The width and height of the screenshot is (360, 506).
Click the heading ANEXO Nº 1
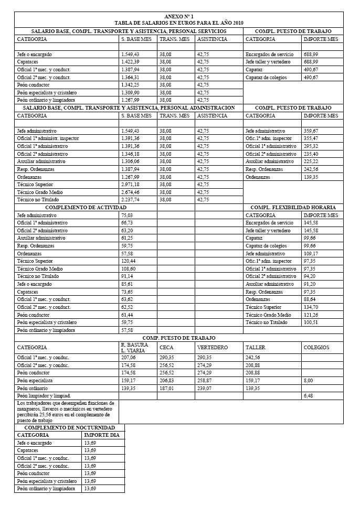pyautogui.click(x=179, y=17)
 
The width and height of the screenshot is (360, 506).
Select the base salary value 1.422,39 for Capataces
pyautogui.click(x=131, y=62)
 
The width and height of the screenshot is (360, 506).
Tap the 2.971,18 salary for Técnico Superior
pyautogui.click(x=131, y=185)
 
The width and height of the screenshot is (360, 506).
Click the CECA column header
pyautogui.click(x=166, y=347)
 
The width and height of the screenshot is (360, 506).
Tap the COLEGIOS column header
pyautogui.click(x=316, y=347)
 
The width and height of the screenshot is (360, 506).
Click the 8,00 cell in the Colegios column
pyautogui.click(x=309, y=380)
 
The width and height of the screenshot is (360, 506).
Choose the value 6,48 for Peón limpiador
pyautogui.click(x=309, y=396)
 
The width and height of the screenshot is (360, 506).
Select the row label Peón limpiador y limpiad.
pyautogui.click(x=44, y=396)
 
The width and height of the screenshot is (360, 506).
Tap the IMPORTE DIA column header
pyautogui.click(x=102, y=435)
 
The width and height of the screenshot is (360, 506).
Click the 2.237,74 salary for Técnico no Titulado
pyautogui.click(x=131, y=200)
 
